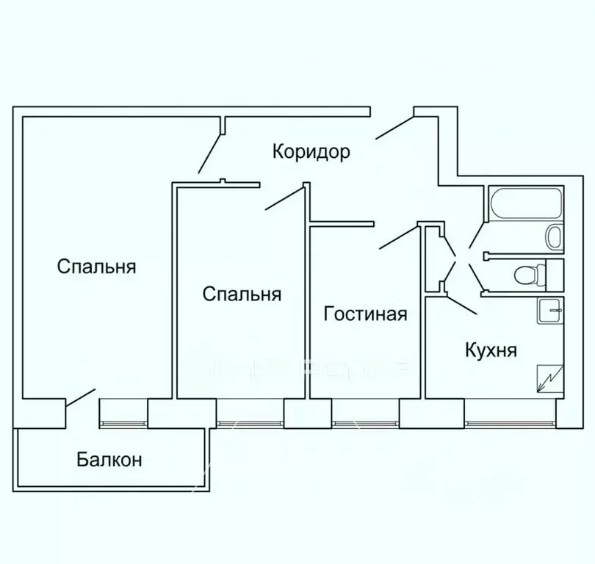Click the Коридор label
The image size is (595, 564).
pyautogui.click(x=311, y=152)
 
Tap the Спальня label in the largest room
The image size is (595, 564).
pyautogui.click(x=96, y=266)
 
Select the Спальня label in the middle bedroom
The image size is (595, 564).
pyautogui.click(x=242, y=294)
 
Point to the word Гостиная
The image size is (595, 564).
pyautogui.click(x=365, y=314)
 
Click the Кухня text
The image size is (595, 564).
pyautogui.click(x=491, y=350)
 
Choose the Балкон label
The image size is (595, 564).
pyautogui.click(x=109, y=460)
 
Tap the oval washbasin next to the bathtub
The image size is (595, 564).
pyautogui.click(x=554, y=237)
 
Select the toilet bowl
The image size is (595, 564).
pyautogui.click(x=529, y=275)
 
